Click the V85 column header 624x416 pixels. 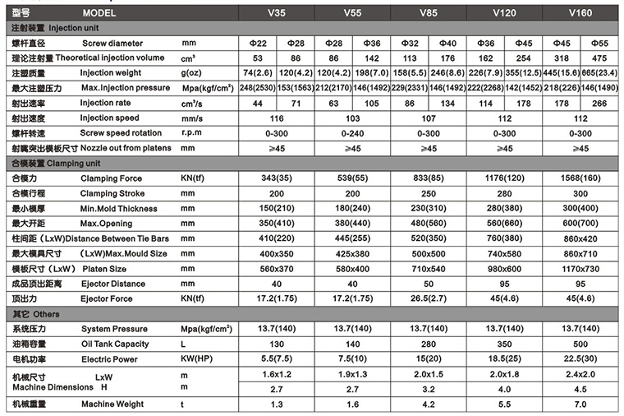point(429,14)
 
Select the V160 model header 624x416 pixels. point(580,14)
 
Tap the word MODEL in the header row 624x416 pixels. point(99,14)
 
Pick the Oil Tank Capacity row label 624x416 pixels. point(114,344)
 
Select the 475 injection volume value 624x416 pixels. point(599,58)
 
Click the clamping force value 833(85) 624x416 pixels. point(428,178)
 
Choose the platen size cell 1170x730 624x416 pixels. point(580,269)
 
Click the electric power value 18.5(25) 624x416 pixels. point(503,359)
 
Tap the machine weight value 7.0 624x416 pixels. point(580,404)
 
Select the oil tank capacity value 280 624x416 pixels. point(428,344)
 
